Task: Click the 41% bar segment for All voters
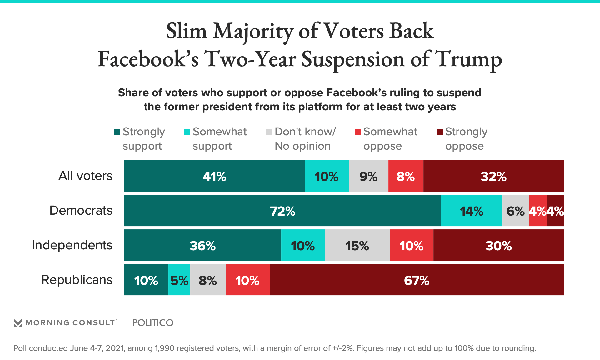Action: (214, 176)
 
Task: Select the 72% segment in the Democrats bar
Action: (282, 211)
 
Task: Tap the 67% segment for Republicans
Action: (417, 280)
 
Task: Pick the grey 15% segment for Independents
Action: (357, 245)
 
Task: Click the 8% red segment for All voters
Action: (406, 176)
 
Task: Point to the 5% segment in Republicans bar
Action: (179, 280)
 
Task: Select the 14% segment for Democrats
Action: (472, 211)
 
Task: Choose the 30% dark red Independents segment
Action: (499, 245)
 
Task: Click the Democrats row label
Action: (81, 210)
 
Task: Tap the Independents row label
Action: (72, 245)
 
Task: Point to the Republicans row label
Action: (77, 280)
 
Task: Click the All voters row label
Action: (85, 176)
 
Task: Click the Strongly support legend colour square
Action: (117, 132)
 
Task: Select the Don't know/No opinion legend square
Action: (269, 132)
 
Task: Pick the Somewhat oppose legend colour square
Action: (358, 132)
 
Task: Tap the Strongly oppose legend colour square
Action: (440, 132)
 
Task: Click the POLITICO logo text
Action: (153, 323)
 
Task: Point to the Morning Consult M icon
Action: (18, 323)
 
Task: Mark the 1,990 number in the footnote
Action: (164, 348)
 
